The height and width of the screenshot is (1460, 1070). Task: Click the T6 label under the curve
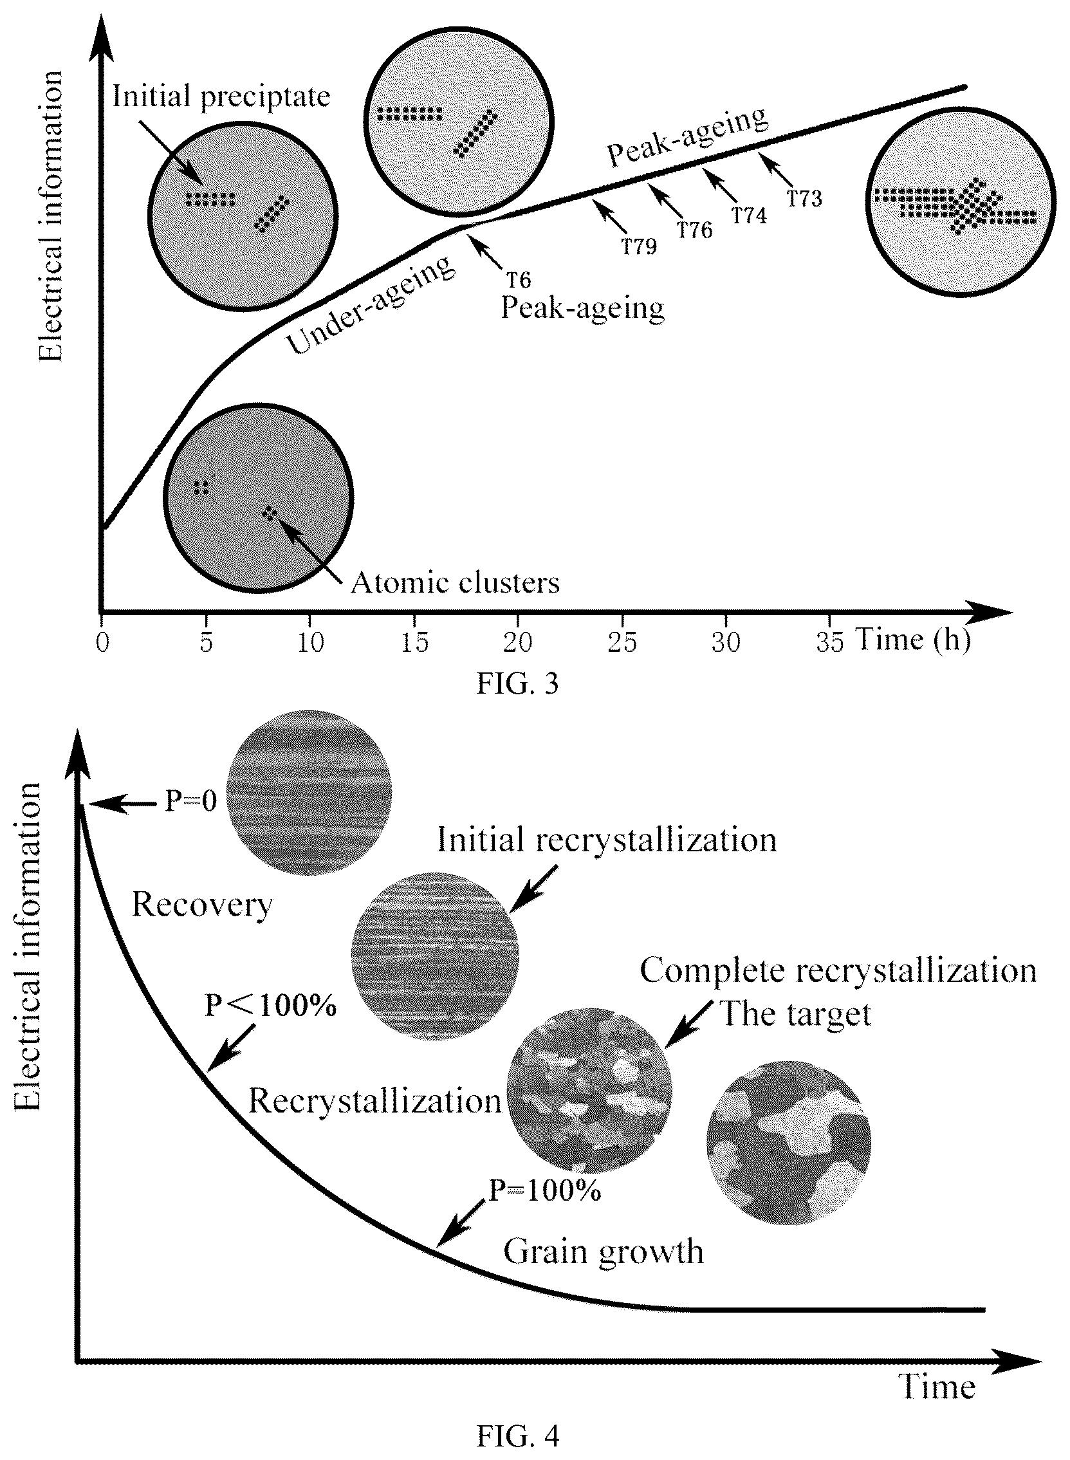[x=518, y=280]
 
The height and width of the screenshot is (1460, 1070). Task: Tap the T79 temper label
[x=640, y=247]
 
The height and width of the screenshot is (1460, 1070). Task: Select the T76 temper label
[x=695, y=230]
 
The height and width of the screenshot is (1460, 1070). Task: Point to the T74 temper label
[x=750, y=215]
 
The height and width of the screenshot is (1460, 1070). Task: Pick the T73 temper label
[x=804, y=198]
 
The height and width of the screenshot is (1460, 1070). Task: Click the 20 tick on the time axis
[x=517, y=642]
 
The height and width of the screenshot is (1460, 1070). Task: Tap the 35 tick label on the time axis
[x=830, y=642]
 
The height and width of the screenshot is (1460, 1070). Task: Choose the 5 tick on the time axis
[x=206, y=642]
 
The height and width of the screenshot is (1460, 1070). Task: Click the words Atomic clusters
[x=455, y=583]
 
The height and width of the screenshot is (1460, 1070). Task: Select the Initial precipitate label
[x=221, y=97]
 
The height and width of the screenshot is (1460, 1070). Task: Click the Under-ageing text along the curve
[x=371, y=306]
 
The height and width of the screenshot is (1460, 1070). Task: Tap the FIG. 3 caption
[x=517, y=684]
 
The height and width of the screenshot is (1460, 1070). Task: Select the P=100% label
[x=545, y=1190]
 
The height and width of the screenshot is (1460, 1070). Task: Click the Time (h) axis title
[x=912, y=642]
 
